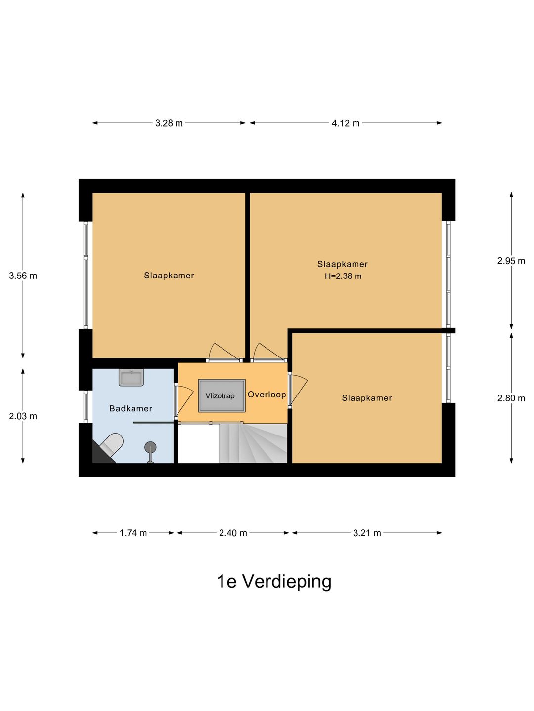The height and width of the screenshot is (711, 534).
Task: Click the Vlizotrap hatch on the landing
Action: (x=222, y=395)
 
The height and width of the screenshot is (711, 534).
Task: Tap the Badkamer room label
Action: (x=131, y=408)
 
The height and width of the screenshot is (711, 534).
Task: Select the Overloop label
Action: (x=267, y=395)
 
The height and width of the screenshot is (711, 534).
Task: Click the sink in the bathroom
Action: (x=131, y=377)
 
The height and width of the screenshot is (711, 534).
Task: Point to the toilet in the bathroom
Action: (x=111, y=443)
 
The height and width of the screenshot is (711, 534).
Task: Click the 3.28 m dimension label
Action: (x=169, y=123)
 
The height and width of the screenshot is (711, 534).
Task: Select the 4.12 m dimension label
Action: (x=345, y=123)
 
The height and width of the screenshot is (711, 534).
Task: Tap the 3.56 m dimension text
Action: (x=23, y=276)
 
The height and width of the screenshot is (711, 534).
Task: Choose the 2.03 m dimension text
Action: (x=23, y=416)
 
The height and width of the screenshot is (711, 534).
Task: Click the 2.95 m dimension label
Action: (x=511, y=260)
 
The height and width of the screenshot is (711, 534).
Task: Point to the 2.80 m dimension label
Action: (x=511, y=398)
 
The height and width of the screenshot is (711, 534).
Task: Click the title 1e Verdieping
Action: (x=274, y=582)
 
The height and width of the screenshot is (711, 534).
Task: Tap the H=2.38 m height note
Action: (x=343, y=276)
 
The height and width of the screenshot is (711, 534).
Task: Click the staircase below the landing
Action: (x=254, y=443)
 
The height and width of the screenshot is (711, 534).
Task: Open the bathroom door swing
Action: (x=184, y=401)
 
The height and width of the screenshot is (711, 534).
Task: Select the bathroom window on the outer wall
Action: (x=86, y=406)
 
